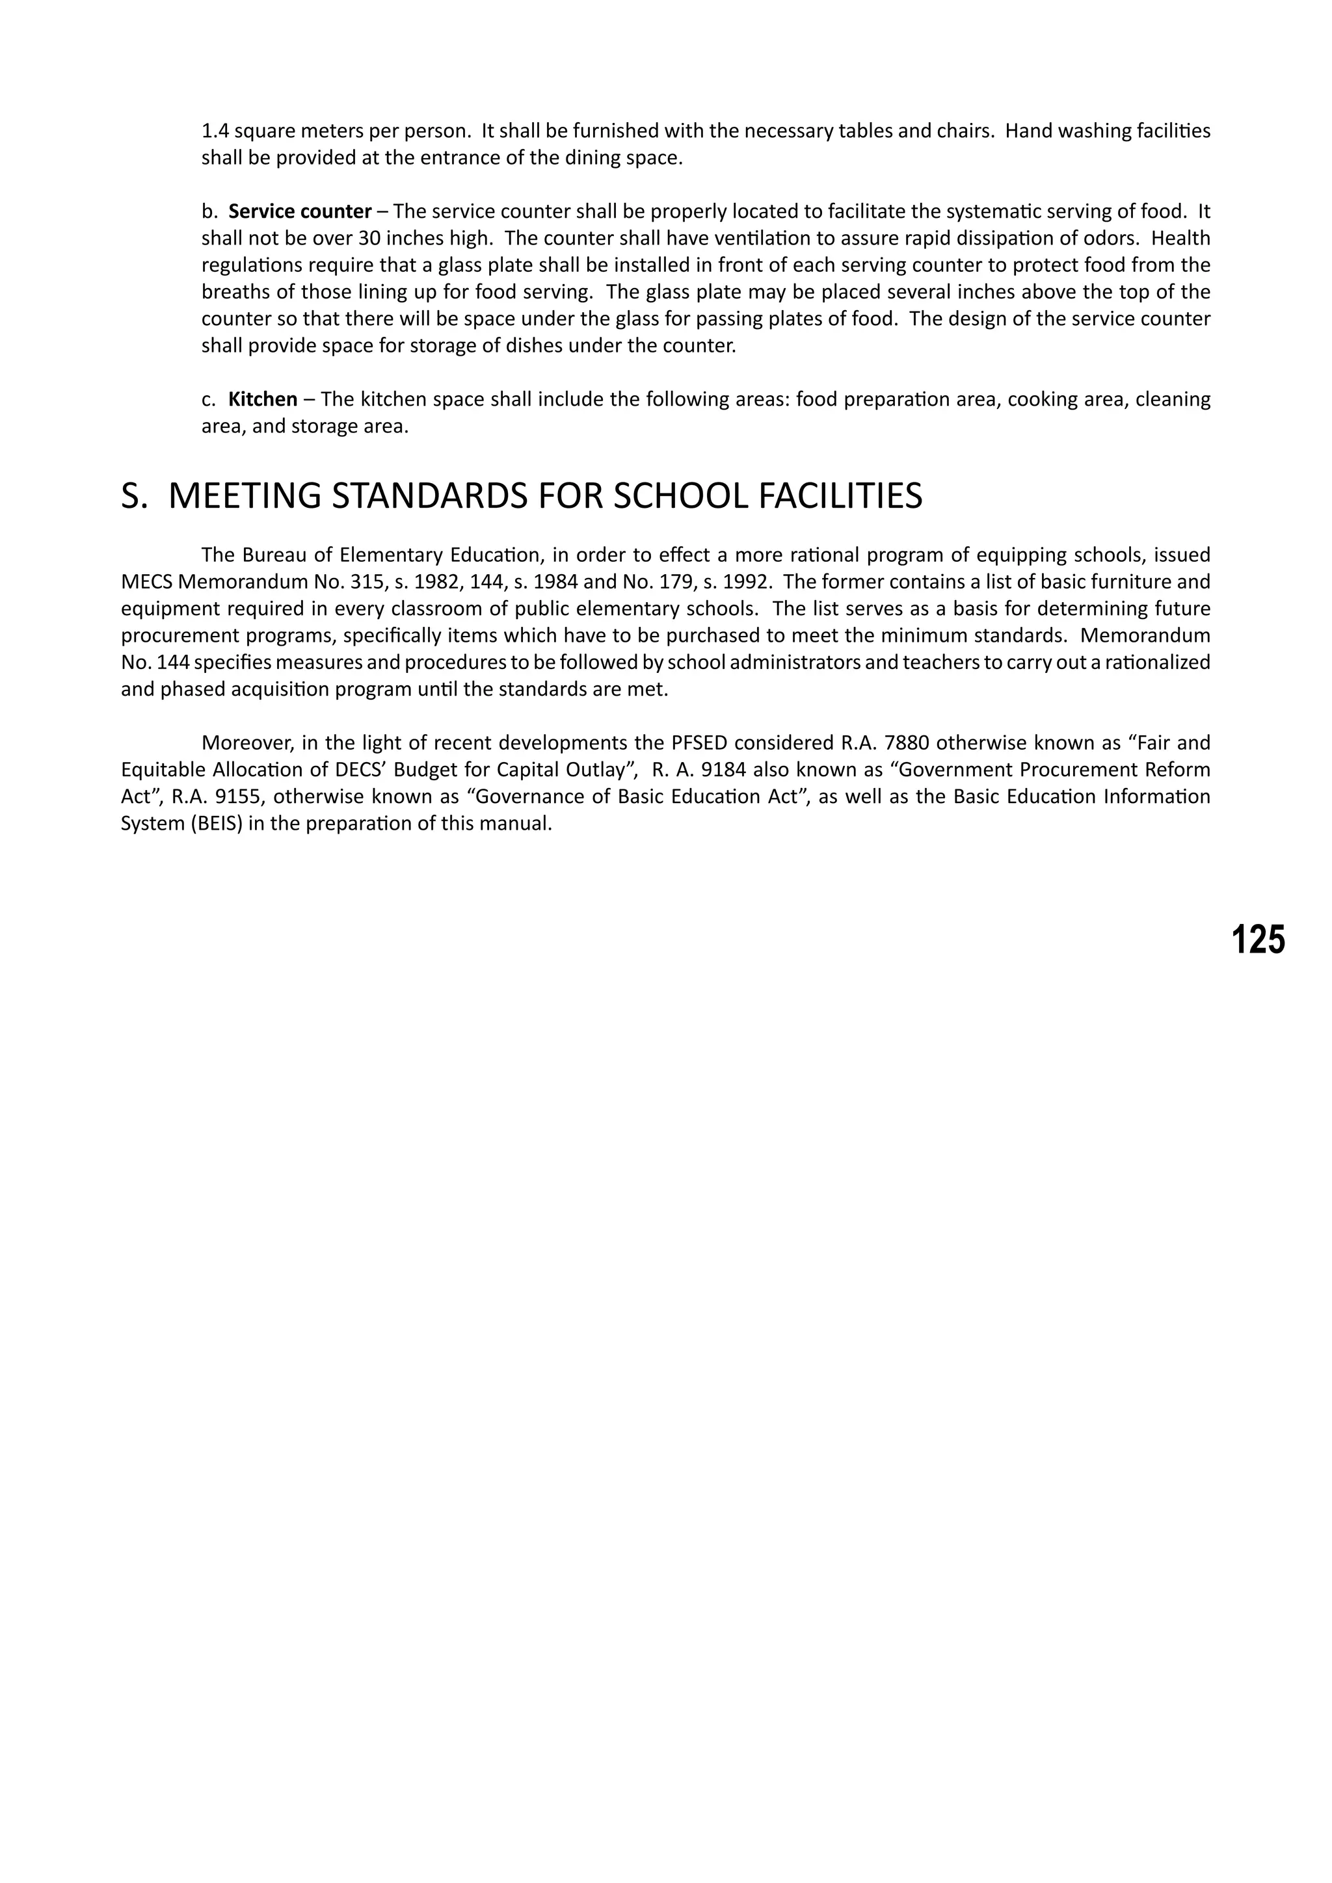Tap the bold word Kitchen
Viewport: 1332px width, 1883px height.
[x=263, y=399]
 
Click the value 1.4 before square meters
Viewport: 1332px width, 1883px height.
[x=215, y=131]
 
